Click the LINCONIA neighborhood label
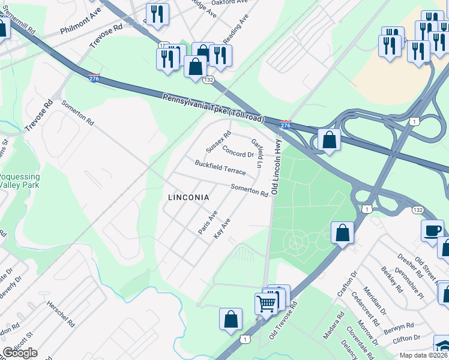point(188,197)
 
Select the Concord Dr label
point(238,151)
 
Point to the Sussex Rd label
point(218,142)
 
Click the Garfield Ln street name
point(258,153)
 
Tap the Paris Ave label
point(208,222)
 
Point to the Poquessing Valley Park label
point(19,181)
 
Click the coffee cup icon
point(432,230)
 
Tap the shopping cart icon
point(266,302)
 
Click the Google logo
point(20,353)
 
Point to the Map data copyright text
point(423,355)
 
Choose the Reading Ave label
point(235,29)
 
